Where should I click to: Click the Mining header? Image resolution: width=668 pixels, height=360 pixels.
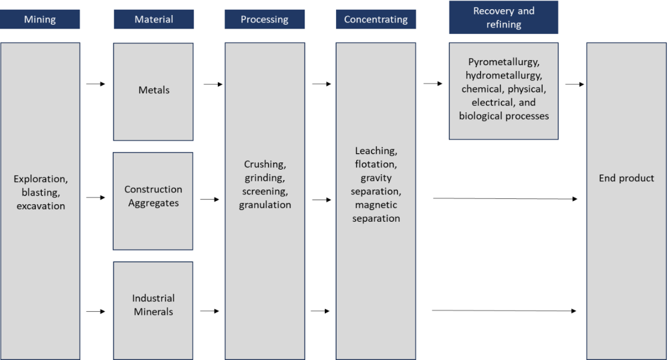[x=40, y=20]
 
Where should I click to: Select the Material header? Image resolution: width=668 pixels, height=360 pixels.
[x=153, y=20]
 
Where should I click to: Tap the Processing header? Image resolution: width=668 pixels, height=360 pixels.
[x=264, y=20]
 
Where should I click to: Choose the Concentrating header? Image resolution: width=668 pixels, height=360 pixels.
[x=376, y=20]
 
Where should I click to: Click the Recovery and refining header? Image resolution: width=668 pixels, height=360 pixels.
[x=503, y=18]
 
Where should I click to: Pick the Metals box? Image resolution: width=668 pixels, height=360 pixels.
[x=153, y=91]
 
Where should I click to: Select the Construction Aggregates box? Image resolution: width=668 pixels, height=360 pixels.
[x=153, y=197]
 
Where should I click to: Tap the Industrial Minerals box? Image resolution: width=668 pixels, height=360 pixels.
[x=153, y=305]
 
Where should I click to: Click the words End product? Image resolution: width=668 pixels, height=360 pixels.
[x=626, y=178]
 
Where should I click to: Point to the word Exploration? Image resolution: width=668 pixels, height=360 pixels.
[x=40, y=178]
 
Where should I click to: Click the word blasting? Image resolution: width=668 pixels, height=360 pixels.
[x=40, y=192]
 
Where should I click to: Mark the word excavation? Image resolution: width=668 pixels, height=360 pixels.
[x=40, y=205]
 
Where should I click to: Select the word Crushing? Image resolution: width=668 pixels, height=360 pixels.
[x=264, y=164]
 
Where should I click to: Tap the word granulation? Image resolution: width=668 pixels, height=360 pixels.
[x=264, y=205]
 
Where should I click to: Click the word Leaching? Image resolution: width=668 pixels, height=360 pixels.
[x=375, y=151]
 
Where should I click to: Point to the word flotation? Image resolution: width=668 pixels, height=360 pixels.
[x=375, y=164]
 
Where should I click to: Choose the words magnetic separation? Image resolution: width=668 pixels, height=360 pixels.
[x=376, y=212]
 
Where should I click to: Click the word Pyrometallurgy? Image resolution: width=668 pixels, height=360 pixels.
[x=503, y=62]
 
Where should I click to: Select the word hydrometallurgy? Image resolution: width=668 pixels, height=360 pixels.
[x=503, y=76]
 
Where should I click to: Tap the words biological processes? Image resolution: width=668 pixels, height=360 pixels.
[x=503, y=116]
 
